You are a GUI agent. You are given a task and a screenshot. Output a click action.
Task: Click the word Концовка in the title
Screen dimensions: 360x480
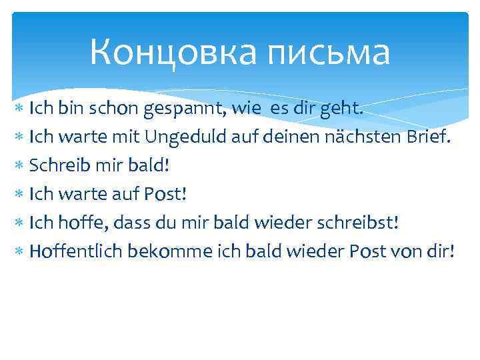(x=171, y=52)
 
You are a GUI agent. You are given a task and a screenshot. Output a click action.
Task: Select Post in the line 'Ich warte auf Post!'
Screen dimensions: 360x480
(x=164, y=195)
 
